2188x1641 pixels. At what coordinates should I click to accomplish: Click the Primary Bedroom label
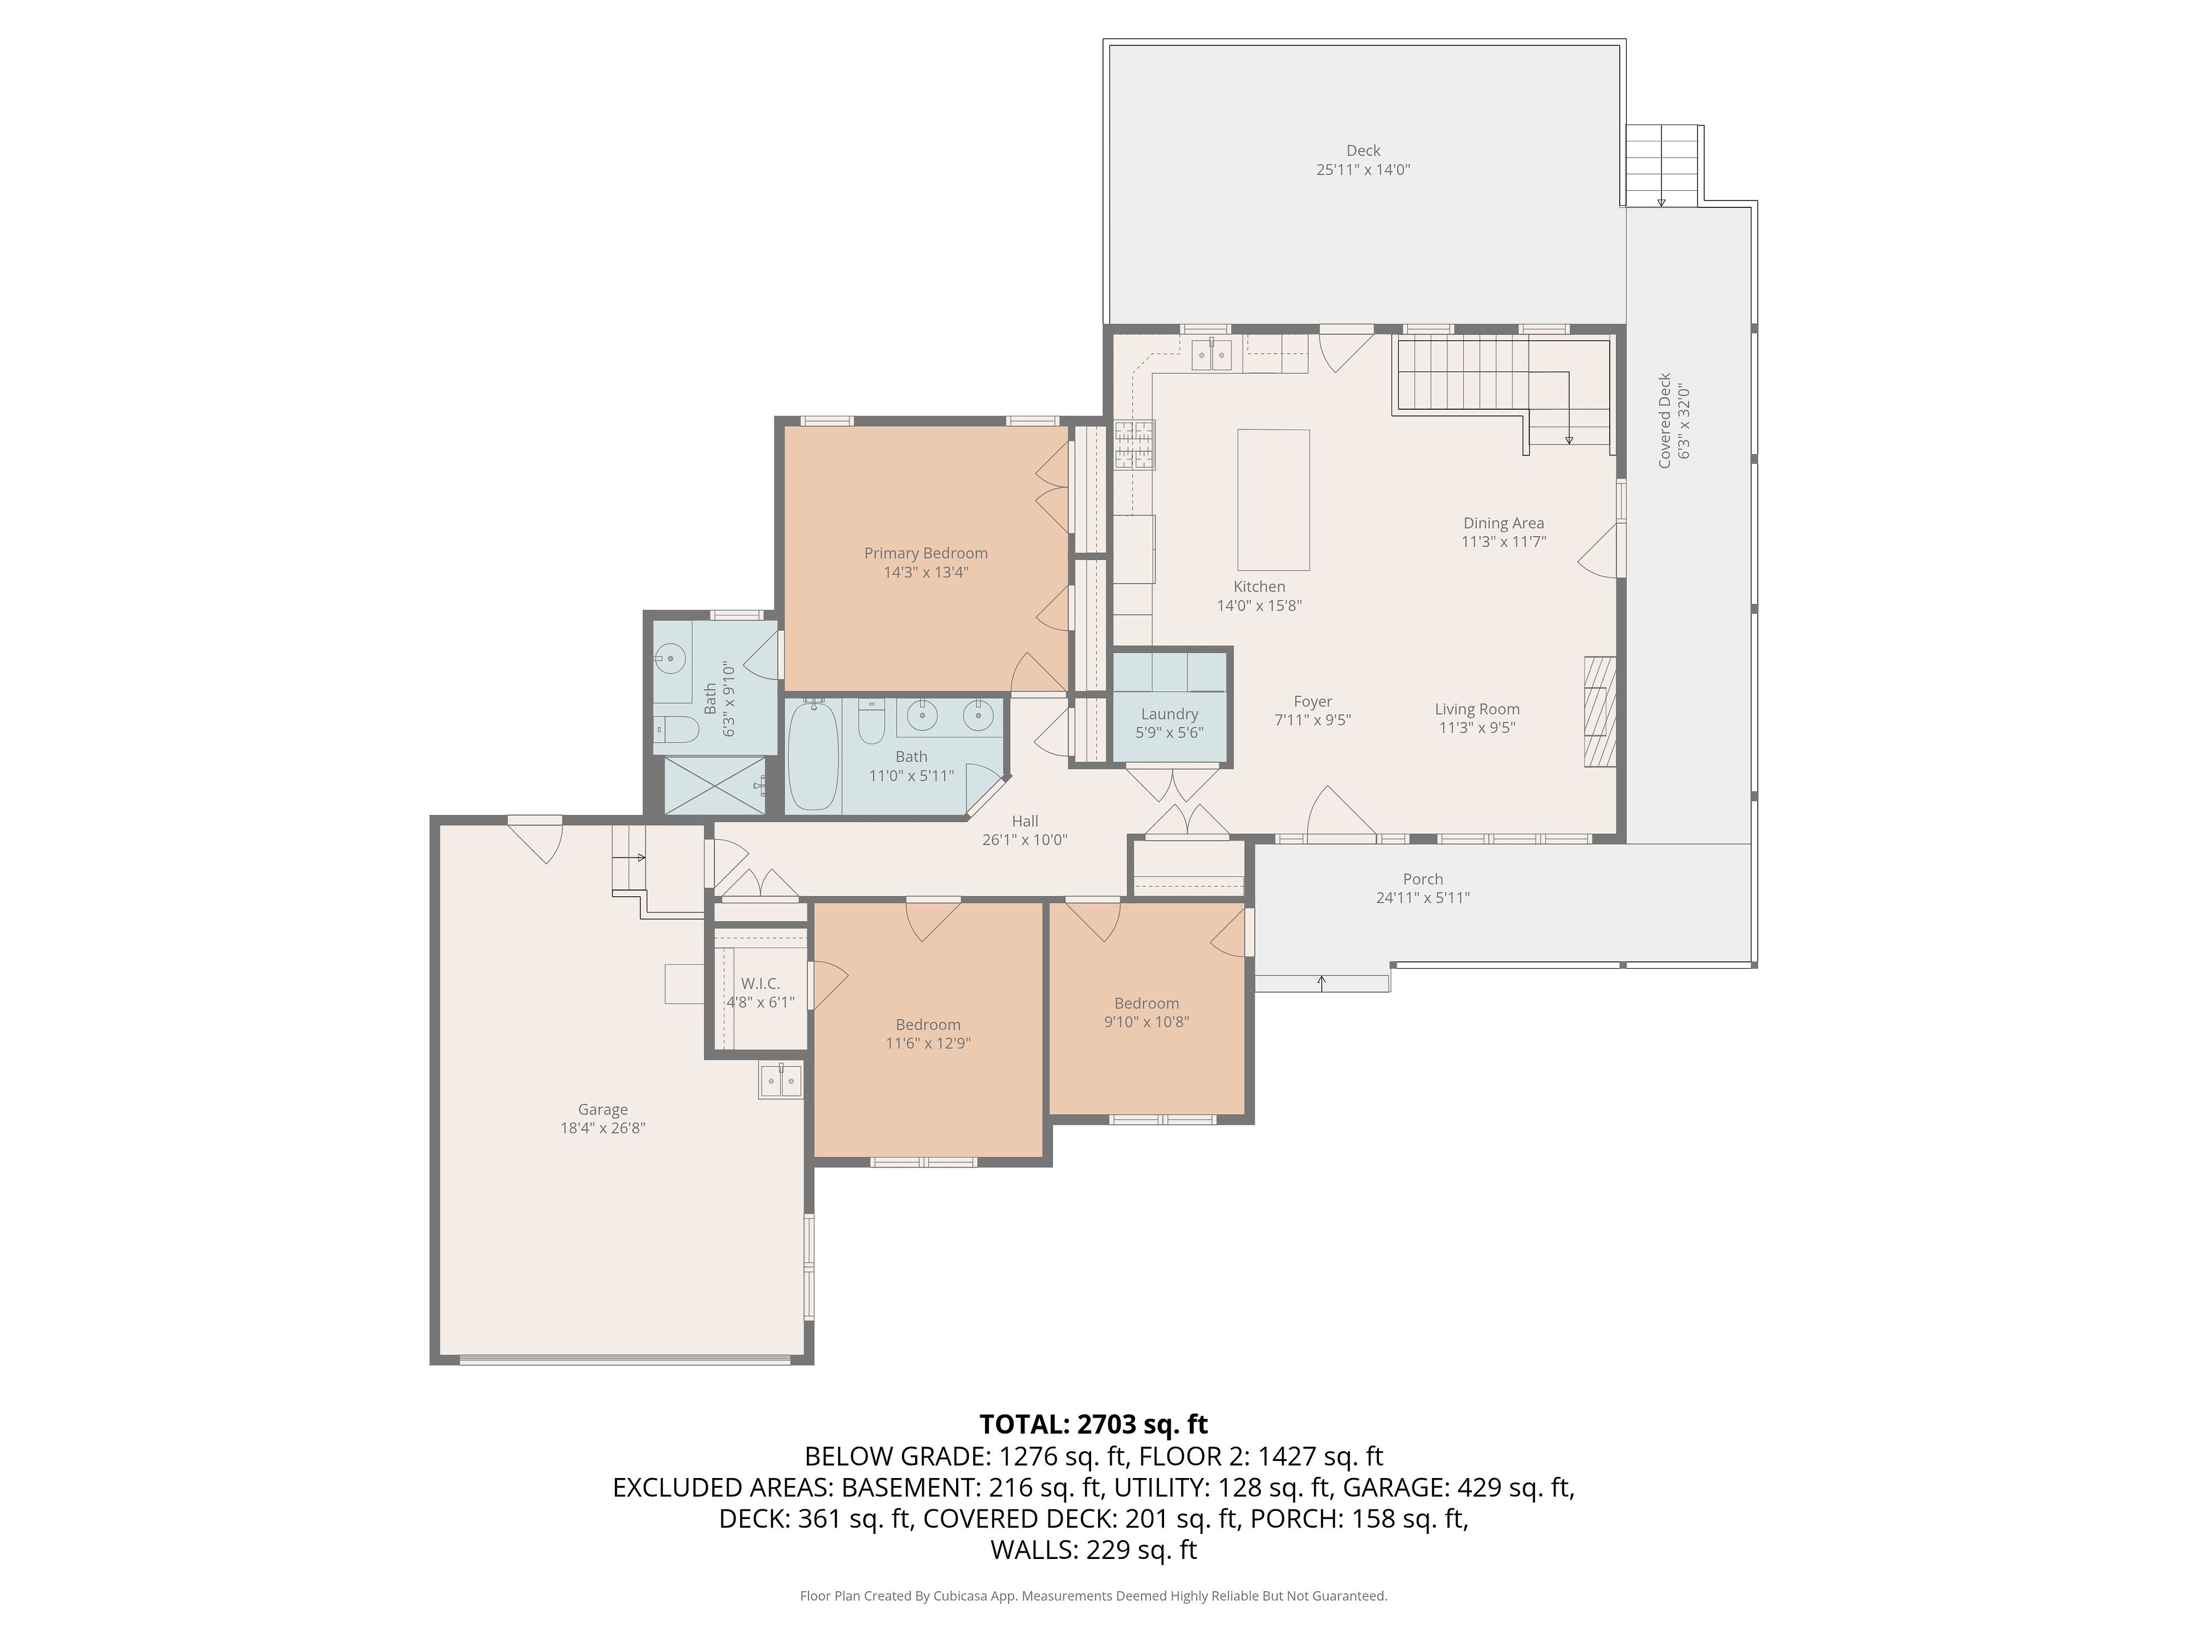(926, 553)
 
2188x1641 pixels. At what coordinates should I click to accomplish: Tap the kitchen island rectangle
(1274, 500)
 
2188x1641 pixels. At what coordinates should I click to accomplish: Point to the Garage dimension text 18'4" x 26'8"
(603, 1128)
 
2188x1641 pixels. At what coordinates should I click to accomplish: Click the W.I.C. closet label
(761, 983)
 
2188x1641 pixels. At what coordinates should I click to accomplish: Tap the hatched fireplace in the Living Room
(1599, 711)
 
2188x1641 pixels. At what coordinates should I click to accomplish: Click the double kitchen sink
(1212, 354)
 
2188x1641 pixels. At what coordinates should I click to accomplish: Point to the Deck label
(1363, 150)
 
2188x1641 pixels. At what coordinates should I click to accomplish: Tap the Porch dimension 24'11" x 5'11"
(1423, 898)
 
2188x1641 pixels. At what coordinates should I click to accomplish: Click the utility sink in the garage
(781, 1080)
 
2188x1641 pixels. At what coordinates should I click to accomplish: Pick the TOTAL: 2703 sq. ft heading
(1094, 1424)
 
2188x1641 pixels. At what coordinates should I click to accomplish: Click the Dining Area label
(1504, 523)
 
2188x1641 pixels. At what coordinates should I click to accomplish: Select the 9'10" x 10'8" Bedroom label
(1146, 1003)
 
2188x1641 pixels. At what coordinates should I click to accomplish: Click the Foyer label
(1313, 701)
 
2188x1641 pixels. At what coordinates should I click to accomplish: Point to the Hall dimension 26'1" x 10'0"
(1024, 840)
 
